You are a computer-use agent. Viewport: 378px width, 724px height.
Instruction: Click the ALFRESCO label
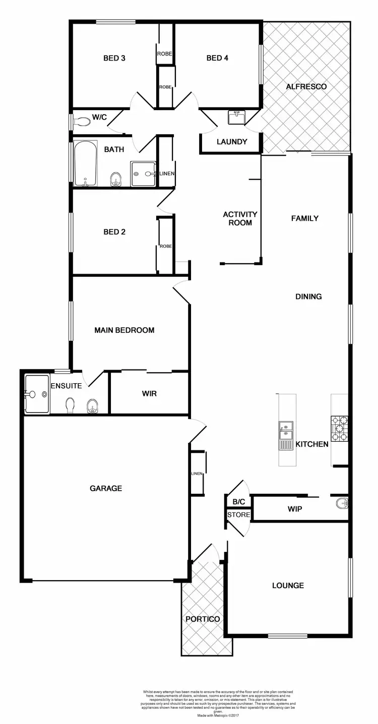[x=306, y=87]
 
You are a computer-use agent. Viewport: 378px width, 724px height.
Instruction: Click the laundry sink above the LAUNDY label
[x=236, y=118]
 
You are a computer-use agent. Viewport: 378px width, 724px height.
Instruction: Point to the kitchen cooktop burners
[x=338, y=428]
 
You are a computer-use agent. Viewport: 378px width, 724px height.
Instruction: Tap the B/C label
[x=238, y=502]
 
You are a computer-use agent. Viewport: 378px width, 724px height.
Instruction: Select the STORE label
[x=238, y=515]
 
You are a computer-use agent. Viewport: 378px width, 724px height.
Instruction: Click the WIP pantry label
[x=295, y=509]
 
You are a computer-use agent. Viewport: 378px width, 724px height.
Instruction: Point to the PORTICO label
[x=203, y=619]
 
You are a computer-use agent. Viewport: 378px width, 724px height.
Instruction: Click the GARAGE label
[x=106, y=488]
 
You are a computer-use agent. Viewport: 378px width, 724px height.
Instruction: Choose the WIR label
[x=149, y=393]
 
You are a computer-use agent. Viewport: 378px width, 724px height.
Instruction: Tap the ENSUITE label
[x=66, y=386]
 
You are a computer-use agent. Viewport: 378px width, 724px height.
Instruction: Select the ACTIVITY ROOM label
[x=240, y=218]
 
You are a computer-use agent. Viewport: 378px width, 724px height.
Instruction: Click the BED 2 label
[x=114, y=232]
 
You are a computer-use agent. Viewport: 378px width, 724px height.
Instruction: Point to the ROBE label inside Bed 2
[x=166, y=246]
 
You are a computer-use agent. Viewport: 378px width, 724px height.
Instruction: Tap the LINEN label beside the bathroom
[x=167, y=174]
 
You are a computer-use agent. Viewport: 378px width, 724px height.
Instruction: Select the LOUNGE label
[x=288, y=586]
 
